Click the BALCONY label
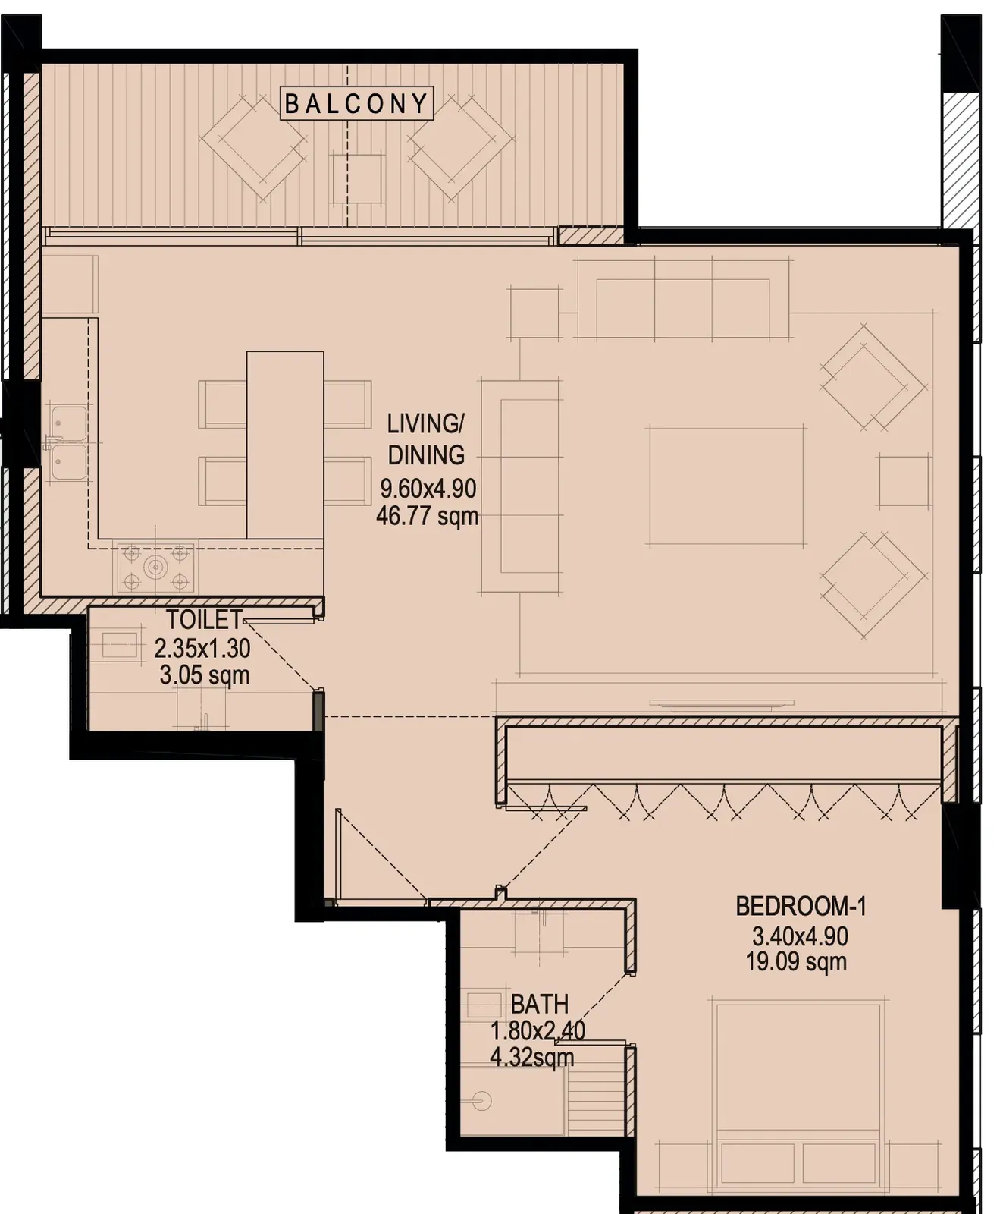point(357,103)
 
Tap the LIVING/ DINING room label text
point(425,439)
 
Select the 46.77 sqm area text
point(428,517)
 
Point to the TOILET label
point(205,620)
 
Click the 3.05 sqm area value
point(205,675)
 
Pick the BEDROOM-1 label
point(801,906)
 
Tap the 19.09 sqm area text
point(796,961)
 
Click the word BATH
point(540,1005)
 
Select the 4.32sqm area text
point(532,1057)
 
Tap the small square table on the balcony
point(357,178)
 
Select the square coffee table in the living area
point(726,486)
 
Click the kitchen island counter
point(285,445)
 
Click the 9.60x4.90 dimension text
point(428,488)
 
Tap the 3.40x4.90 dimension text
point(799,936)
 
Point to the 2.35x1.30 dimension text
point(202,648)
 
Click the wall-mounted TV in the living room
point(722,703)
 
